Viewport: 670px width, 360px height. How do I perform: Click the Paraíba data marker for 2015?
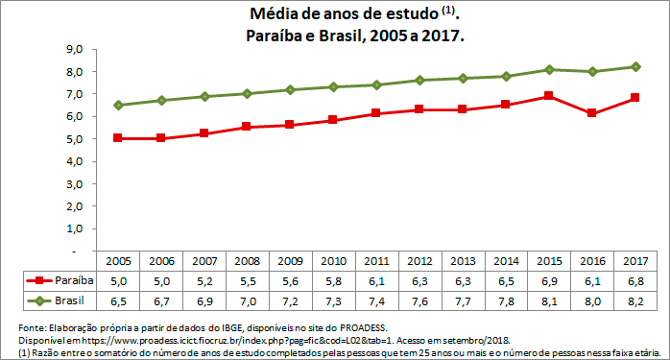coord(548,96)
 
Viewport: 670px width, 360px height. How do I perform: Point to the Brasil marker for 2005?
coord(118,105)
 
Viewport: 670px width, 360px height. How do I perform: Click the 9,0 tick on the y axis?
coord(75,49)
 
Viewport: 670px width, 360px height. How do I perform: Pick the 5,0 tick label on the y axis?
coord(75,138)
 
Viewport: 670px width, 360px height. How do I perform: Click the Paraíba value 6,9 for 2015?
coord(547,280)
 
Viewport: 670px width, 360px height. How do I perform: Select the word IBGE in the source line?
coord(210,328)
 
